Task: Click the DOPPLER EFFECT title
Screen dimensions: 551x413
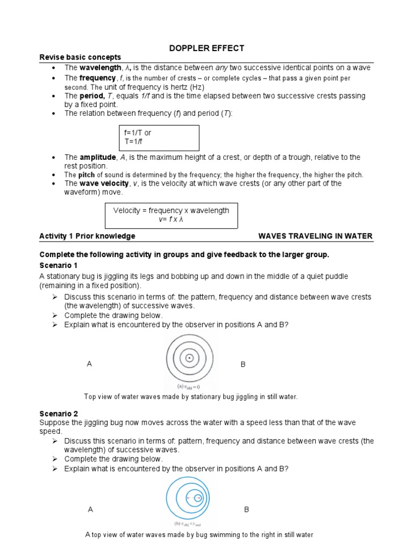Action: (206, 48)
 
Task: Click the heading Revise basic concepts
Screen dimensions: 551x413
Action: (80, 58)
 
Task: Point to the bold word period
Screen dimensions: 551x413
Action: (92, 96)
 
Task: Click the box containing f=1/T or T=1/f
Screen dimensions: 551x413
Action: (159, 138)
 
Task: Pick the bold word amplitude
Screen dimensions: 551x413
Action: (97, 157)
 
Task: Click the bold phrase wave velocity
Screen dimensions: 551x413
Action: (104, 183)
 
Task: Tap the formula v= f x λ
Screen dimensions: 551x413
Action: (171, 220)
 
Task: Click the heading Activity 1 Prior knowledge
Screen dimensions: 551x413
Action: (87, 236)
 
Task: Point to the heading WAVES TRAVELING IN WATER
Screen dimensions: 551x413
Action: (315, 236)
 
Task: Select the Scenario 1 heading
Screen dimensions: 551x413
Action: (59, 266)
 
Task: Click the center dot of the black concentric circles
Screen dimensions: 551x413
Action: (189, 358)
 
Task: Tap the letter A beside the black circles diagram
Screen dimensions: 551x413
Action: (89, 364)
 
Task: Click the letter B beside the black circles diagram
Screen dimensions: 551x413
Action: (243, 365)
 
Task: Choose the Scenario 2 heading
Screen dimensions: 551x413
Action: (59, 413)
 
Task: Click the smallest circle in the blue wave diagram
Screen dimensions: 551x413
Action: (198, 498)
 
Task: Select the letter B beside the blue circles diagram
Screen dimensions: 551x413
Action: (246, 509)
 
